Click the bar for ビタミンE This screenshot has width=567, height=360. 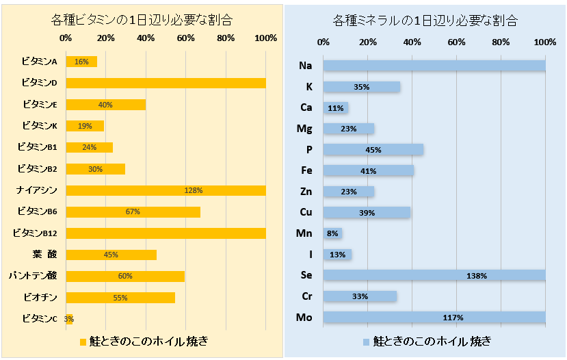click(x=105, y=105)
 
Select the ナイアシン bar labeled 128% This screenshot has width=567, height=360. click(x=166, y=190)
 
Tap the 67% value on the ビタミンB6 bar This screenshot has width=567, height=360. click(x=133, y=212)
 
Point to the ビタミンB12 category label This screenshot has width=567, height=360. click(x=36, y=233)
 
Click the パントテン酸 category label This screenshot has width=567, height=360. click(x=33, y=276)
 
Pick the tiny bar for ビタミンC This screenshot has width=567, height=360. click(x=69, y=319)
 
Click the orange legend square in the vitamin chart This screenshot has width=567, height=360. click(x=83, y=341)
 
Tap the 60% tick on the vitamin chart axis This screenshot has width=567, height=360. click(x=185, y=38)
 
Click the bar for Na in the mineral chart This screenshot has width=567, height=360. click(x=434, y=66)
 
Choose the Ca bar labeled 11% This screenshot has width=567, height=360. click(x=336, y=108)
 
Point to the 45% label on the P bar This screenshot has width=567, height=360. click(x=373, y=150)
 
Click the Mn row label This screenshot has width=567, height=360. click(x=304, y=233)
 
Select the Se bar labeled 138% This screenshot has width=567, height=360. click(x=434, y=276)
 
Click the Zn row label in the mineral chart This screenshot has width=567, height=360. click(x=305, y=192)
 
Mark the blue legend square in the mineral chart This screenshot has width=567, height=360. click(x=366, y=341)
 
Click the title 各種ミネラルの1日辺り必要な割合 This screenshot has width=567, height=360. click(x=424, y=20)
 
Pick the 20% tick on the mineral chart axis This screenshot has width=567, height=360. click(x=368, y=42)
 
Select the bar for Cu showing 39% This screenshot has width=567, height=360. click(x=367, y=213)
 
